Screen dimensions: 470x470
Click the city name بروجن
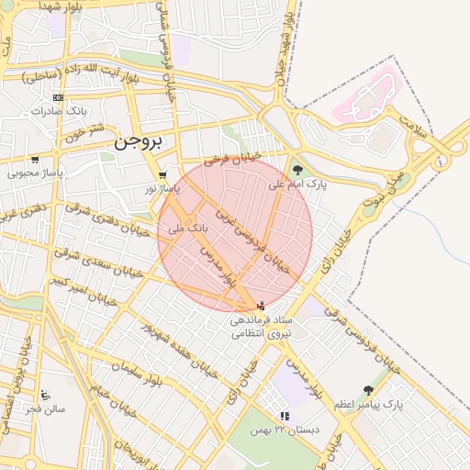pos(139,143)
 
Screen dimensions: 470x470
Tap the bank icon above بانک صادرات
pos(59,97)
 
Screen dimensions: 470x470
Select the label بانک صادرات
pos(59,110)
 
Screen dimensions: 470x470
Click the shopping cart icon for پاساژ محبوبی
pos(35,160)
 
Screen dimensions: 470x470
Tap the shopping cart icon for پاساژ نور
pos(162,175)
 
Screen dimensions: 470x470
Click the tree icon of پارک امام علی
pos(297,169)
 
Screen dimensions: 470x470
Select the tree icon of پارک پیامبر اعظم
pos(368,390)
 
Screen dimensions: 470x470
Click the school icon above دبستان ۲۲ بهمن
pos(284,415)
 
